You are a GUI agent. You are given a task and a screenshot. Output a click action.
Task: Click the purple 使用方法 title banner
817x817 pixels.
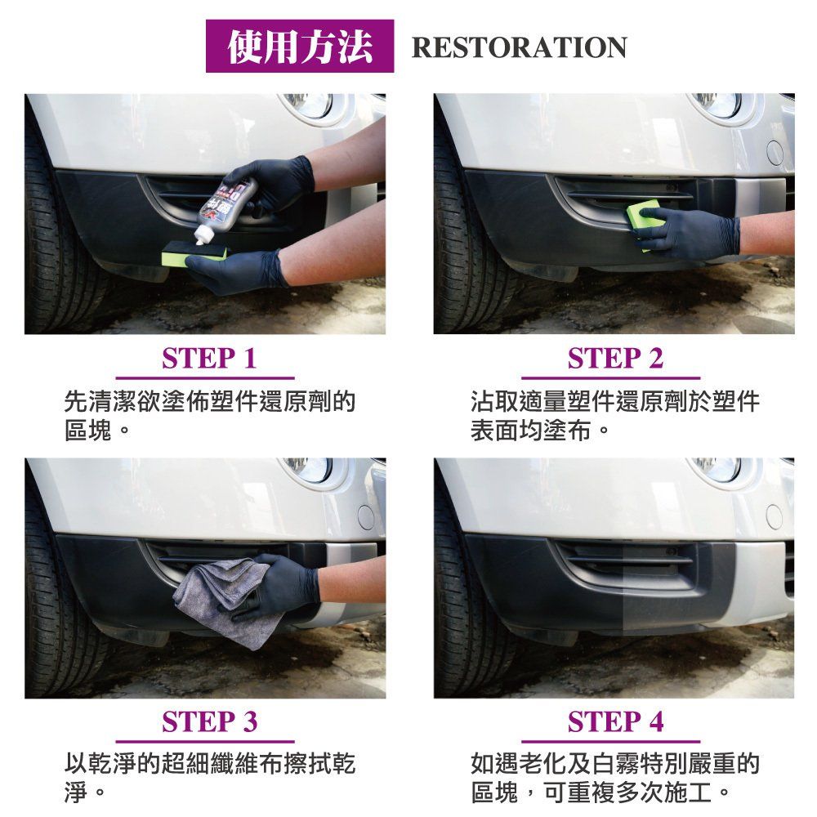click(x=300, y=46)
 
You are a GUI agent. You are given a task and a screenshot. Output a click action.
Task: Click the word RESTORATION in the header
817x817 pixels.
click(x=519, y=47)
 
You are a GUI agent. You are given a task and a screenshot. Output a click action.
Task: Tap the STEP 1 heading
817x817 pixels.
click(x=209, y=359)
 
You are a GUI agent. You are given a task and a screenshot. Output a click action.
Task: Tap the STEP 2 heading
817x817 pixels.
click(x=615, y=359)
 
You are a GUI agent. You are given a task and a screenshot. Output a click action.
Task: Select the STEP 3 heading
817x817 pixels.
click(x=209, y=722)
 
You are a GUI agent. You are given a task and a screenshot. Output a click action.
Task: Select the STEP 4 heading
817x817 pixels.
click(x=615, y=722)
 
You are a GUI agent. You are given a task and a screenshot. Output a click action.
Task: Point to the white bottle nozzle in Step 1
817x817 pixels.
click(x=201, y=236)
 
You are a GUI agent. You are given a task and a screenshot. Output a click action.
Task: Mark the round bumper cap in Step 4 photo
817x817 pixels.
click(x=775, y=517)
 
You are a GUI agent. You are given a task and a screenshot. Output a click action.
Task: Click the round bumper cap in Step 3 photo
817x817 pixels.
click(x=366, y=517)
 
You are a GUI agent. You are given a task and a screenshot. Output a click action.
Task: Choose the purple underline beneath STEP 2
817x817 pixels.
click(x=610, y=378)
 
